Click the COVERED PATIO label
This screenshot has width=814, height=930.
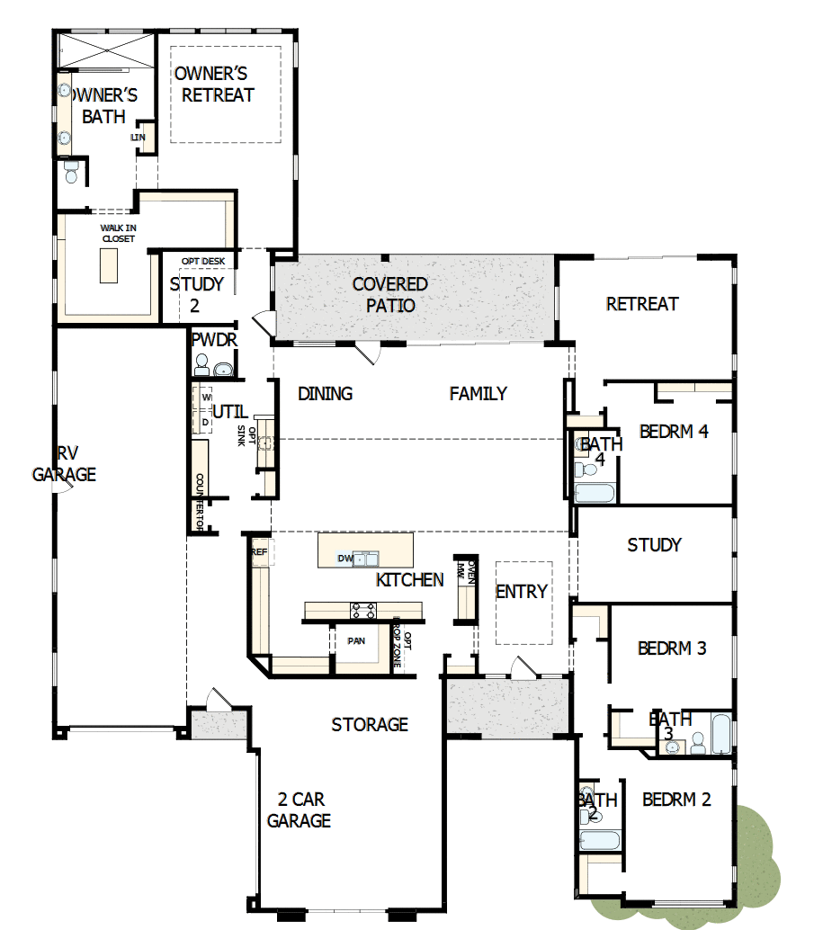(x=389, y=295)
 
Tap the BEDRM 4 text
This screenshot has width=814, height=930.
(x=674, y=432)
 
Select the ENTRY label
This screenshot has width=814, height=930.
(x=521, y=591)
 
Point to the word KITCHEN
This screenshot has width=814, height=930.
(x=409, y=580)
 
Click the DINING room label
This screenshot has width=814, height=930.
(x=325, y=394)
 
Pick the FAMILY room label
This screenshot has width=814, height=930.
(x=478, y=393)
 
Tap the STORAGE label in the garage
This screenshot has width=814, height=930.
(x=370, y=724)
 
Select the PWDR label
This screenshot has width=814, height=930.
(x=213, y=340)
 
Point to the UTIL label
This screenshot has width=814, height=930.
(x=230, y=412)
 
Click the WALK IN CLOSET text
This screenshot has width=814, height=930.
(x=117, y=233)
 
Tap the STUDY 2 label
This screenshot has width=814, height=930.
(x=197, y=294)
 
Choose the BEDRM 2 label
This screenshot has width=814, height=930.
(x=676, y=799)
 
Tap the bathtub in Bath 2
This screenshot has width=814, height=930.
(x=599, y=841)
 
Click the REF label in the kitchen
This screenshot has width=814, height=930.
(x=259, y=552)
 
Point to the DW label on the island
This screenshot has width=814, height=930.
(x=344, y=559)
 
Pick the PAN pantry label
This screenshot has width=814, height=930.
(x=355, y=641)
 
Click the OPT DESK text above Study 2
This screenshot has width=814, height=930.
(x=202, y=262)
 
